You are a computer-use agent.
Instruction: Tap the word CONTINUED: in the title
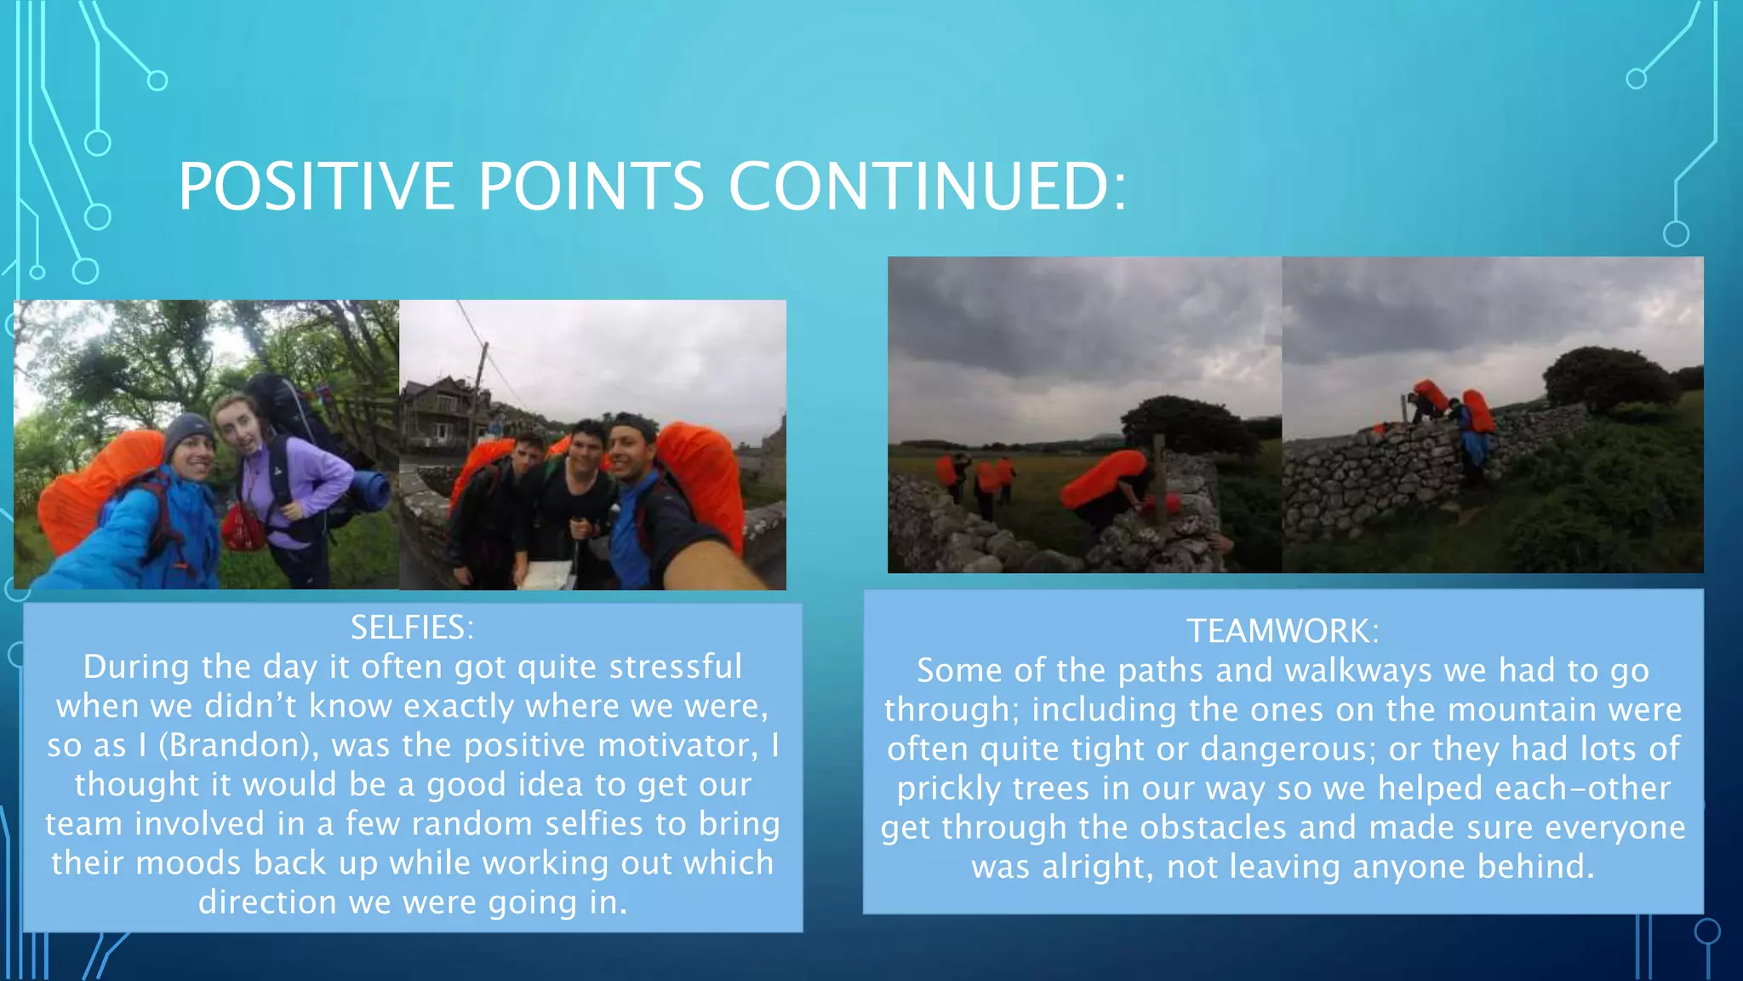(928, 186)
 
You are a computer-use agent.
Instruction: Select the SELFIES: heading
(412, 628)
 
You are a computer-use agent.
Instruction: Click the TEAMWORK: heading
(1283, 631)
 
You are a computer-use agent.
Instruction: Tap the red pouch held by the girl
(243, 529)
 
